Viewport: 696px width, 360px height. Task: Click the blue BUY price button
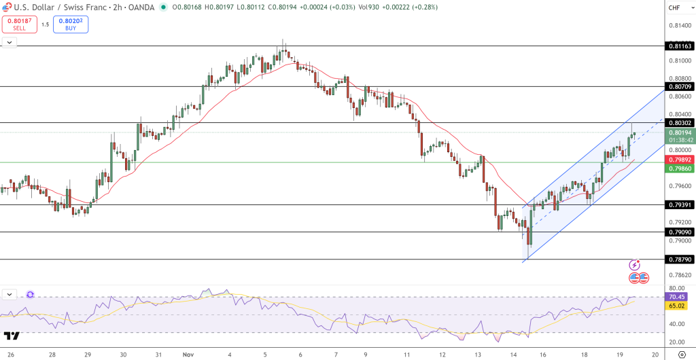tap(71, 24)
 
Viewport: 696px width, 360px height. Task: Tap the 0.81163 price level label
tap(680, 46)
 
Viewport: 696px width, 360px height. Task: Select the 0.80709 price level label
tap(680, 86)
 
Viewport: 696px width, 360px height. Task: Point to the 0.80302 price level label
tap(680, 123)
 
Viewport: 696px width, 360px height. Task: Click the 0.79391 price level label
tap(680, 204)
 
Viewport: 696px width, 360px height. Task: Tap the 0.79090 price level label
tap(680, 232)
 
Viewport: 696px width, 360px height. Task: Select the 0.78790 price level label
tap(680, 259)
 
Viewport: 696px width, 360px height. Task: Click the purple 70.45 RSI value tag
tap(677, 297)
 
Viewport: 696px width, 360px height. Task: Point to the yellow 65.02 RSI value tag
tap(677, 306)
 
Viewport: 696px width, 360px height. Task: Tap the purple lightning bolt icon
tap(635, 265)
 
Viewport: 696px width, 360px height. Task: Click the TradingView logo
tap(12, 336)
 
